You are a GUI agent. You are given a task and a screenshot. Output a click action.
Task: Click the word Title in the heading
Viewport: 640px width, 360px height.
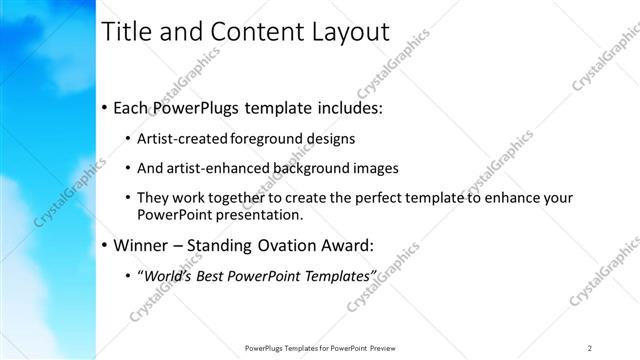click(x=129, y=33)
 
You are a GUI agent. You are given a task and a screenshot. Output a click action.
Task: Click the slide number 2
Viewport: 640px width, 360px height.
click(x=590, y=347)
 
